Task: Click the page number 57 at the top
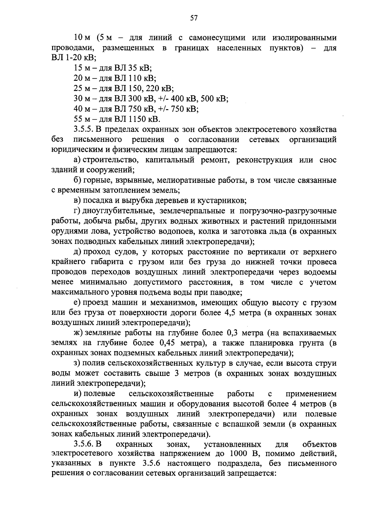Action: [x=194, y=18]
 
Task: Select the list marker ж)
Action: [x=79, y=333]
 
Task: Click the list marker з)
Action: [x=78, y=364]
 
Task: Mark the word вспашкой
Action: [x=234, y=425]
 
